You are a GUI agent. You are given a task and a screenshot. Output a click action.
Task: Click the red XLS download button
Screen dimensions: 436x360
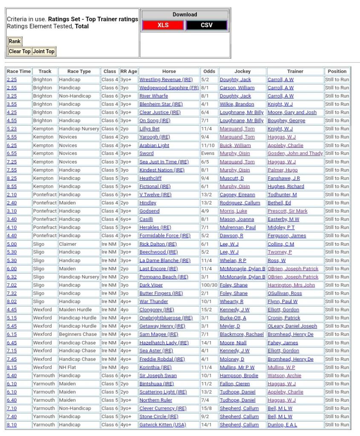pos(163,25)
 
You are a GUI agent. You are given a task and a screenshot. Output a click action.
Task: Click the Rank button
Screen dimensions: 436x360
pos(14,41)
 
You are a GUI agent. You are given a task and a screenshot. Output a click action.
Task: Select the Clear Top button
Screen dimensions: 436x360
pos(20,52)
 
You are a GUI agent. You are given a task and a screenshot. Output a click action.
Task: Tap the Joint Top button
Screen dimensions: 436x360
pos(44,52)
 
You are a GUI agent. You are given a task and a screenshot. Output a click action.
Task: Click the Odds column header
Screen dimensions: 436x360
pos(209,71)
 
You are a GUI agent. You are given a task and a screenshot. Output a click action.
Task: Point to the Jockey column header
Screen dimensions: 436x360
pos(242,71)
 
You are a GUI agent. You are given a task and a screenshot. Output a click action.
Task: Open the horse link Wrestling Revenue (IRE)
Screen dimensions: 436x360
pos(166,80)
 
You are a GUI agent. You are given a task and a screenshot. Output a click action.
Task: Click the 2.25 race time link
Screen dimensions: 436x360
pos(12,80)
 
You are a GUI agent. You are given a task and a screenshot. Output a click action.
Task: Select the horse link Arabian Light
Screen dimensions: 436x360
pos(154,145)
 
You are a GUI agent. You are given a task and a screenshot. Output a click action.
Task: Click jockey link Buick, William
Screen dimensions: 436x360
pos(235,145)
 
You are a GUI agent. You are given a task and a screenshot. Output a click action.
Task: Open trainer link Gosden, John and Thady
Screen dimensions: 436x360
pos(295,153)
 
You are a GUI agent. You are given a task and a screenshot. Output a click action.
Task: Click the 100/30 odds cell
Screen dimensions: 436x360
pos(209,285)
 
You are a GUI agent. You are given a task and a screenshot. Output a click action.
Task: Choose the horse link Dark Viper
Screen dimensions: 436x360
pos(151,285)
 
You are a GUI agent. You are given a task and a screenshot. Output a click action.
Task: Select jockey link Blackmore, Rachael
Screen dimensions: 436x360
pos(242,335)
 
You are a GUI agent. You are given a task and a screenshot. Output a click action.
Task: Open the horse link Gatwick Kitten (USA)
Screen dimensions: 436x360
pos(163,425)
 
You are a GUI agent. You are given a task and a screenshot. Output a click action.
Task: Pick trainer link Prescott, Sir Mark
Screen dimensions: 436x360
pos(288,211)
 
